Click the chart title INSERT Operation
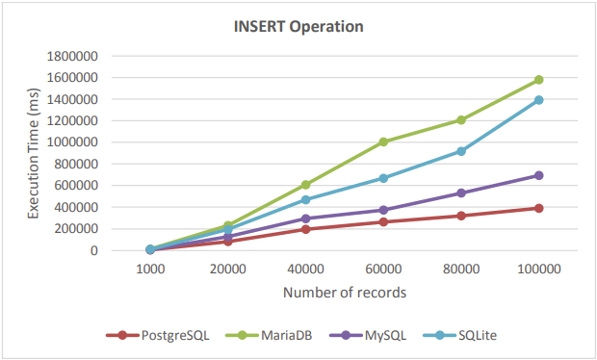point(298,27)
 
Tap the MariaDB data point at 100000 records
point(539,80)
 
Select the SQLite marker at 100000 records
point(539,100)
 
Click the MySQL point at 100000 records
point(539,175)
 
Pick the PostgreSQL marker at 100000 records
point(539,208)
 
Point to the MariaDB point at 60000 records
point(383,141)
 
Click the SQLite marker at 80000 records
point(461,151)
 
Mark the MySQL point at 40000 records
point(306,219)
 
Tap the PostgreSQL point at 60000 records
point(383,221)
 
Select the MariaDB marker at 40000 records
point(306,185)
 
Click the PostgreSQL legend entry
point(158,335)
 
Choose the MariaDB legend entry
point(269,335)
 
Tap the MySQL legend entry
point(368,335)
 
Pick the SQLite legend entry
point(460,335)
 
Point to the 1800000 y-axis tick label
point(72,57)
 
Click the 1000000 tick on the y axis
point(72,142)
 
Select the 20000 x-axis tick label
point(227,270)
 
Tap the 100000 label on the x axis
point(539,270)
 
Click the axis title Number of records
point(345,293)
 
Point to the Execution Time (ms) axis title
point(34,153)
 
